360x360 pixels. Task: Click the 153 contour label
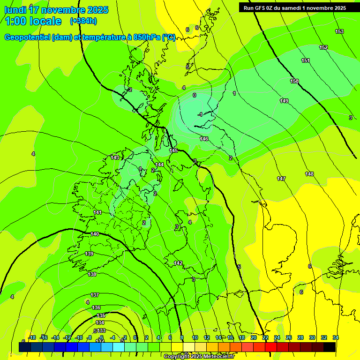pyautogui.click(x=339, y=31)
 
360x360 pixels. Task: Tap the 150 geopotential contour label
pyautogui.click(x=294, y=81)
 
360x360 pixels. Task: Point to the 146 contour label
pyautogui.click(x=204, y=139)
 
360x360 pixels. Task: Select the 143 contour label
pyautogui.click(x=115, y=157)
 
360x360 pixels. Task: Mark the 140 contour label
pyautogui.click(x=95, y=234)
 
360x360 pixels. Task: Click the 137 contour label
pyautogui.click(x=95, y=295)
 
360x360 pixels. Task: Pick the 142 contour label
pyautogui.click(x=178, y=263)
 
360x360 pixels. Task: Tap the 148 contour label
pyautogui.click(x=309, y=174)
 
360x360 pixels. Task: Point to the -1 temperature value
pyautogui.click(x=200, y=114)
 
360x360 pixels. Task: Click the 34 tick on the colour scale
pyautogui.click(x=336, y=337)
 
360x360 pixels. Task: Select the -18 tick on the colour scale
pyautogui.click(x=32, y=337)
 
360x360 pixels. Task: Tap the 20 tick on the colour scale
pyautogui.click(x=254, y=337)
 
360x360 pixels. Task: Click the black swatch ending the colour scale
pyautogui.click(x=330, y=347)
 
